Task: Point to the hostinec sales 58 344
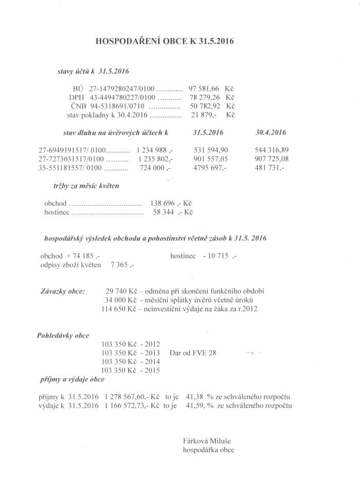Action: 166,212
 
